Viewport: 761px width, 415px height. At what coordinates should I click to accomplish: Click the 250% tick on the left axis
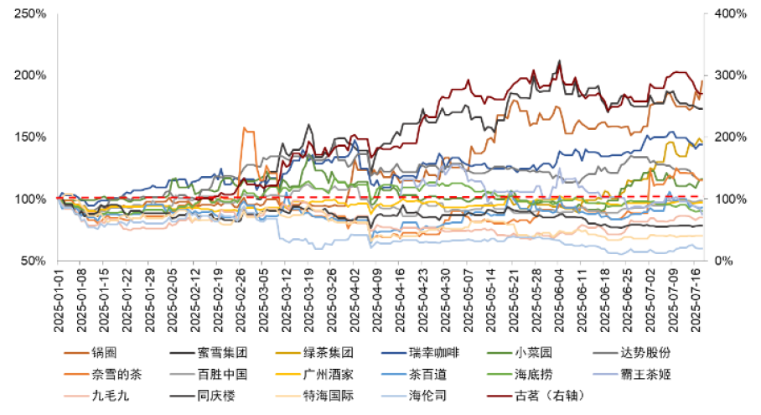[32, 13]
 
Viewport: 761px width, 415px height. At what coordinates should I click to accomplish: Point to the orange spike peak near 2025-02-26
[243, 128]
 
